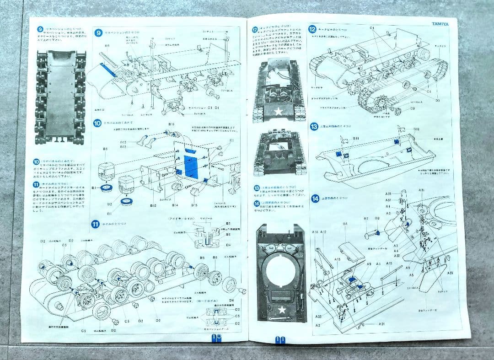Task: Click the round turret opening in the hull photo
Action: tap(280, 266)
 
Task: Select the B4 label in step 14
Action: tap(345, 224)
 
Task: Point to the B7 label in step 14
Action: tap(366, 219)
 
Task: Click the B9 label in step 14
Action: tap(377, 219)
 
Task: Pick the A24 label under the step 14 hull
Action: tap(381, 324)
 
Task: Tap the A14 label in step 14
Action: tap(315, 232)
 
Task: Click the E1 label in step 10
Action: tap(231, 140)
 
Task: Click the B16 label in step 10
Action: tap(172, 124)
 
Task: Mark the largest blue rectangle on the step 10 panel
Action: tap(189, 165)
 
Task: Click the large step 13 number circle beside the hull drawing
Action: tap(314, 127)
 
